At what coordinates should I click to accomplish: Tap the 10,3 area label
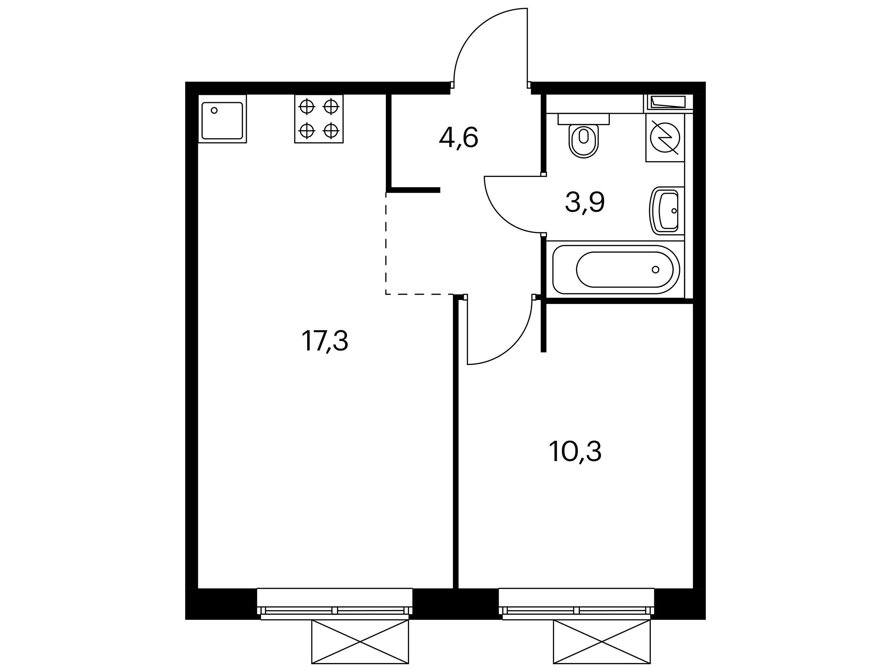[x=575, y=451]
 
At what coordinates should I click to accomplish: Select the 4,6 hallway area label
[x=458, y=138]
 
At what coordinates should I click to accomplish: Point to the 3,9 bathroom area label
[x=585, y=202]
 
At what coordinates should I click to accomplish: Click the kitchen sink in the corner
[x=222, y=120]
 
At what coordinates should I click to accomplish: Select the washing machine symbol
[x=665, y=138]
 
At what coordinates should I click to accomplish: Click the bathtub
[x=616, y=269]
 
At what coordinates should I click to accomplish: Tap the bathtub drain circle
[x=655, y=269]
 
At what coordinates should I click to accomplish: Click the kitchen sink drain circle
[x=214, y=110]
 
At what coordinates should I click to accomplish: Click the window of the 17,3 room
[x=335, y=603]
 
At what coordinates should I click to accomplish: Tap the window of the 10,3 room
[x=576, y=603]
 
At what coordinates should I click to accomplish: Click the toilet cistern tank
[x=584, y=119]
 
